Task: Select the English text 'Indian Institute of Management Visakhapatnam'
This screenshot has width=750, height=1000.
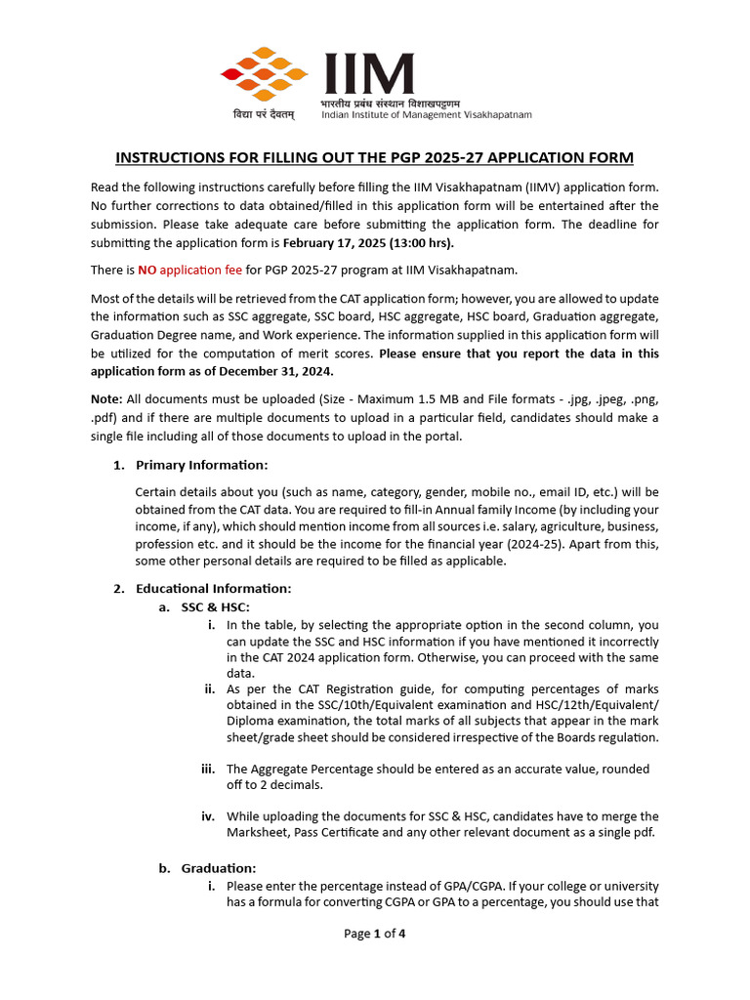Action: pyautogui.click(x=427, y=114)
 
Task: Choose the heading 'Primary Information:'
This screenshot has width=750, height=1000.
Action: pyautogui.click(x=201, y=464)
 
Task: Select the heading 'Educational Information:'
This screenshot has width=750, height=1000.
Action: pyautogui.click(x=213, y=588)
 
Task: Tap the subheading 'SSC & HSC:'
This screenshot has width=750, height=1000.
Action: pyautogui.click(x=215, y=606)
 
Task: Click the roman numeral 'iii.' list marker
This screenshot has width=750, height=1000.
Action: pyautogui.click(x=208, y=769)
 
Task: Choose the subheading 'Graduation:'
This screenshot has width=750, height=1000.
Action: pyautogui.click(x=219, y=867)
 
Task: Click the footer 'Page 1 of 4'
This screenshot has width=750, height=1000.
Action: pyautogui.click(x=374, y=934)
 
